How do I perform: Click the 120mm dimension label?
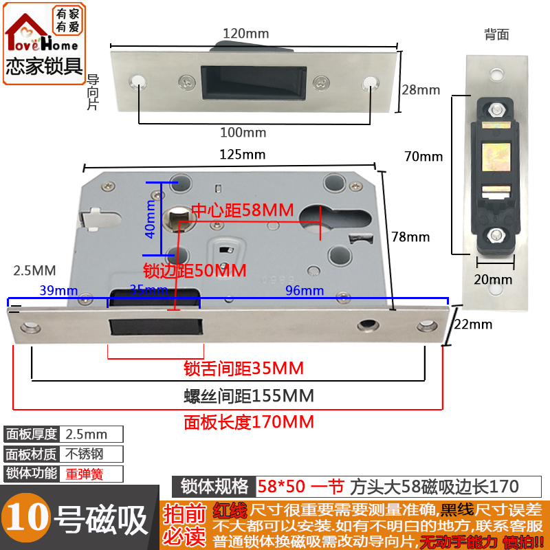245,34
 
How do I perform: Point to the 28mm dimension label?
421,89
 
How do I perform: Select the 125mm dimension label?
242,154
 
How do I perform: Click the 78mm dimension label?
410,237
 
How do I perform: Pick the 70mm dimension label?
423,157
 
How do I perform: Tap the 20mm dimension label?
493,279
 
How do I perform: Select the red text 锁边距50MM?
194,270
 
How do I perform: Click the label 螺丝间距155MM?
248,396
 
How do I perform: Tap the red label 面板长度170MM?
248,421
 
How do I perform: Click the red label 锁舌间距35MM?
243,368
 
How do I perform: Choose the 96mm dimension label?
305,291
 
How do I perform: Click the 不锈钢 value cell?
92,454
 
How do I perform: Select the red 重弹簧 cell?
92,474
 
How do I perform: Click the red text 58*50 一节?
300,487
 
